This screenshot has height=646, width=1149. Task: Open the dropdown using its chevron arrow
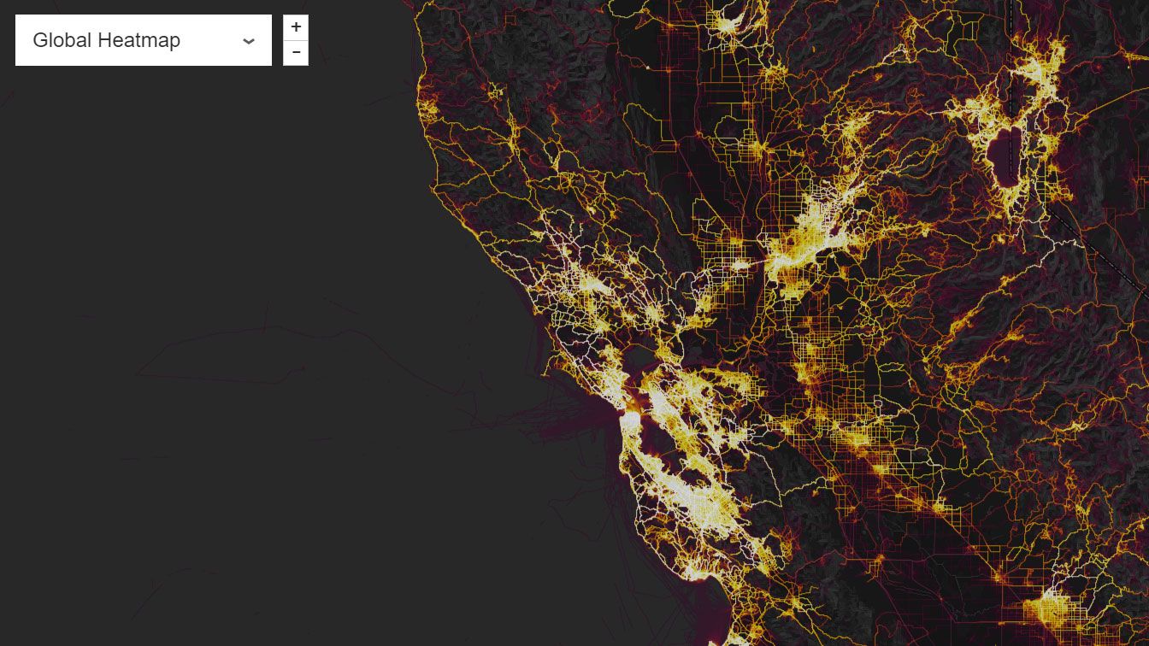pos(249,41)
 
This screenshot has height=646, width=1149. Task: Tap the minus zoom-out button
pos(296,53)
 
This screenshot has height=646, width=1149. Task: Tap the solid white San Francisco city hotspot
pos(630,420)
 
